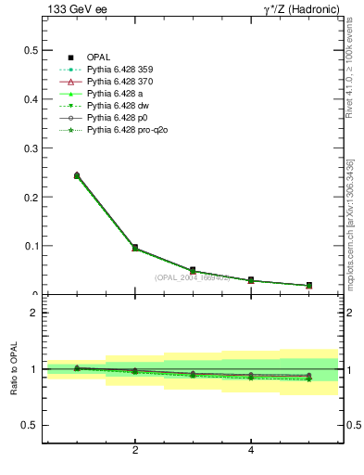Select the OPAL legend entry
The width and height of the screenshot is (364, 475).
coord(99,58)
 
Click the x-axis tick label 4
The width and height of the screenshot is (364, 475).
coord(251,451)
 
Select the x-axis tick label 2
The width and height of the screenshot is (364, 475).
coord(135,451)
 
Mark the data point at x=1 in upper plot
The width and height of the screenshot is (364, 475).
coord(77,175)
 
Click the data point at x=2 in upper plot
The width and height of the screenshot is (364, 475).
coord(135,248)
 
